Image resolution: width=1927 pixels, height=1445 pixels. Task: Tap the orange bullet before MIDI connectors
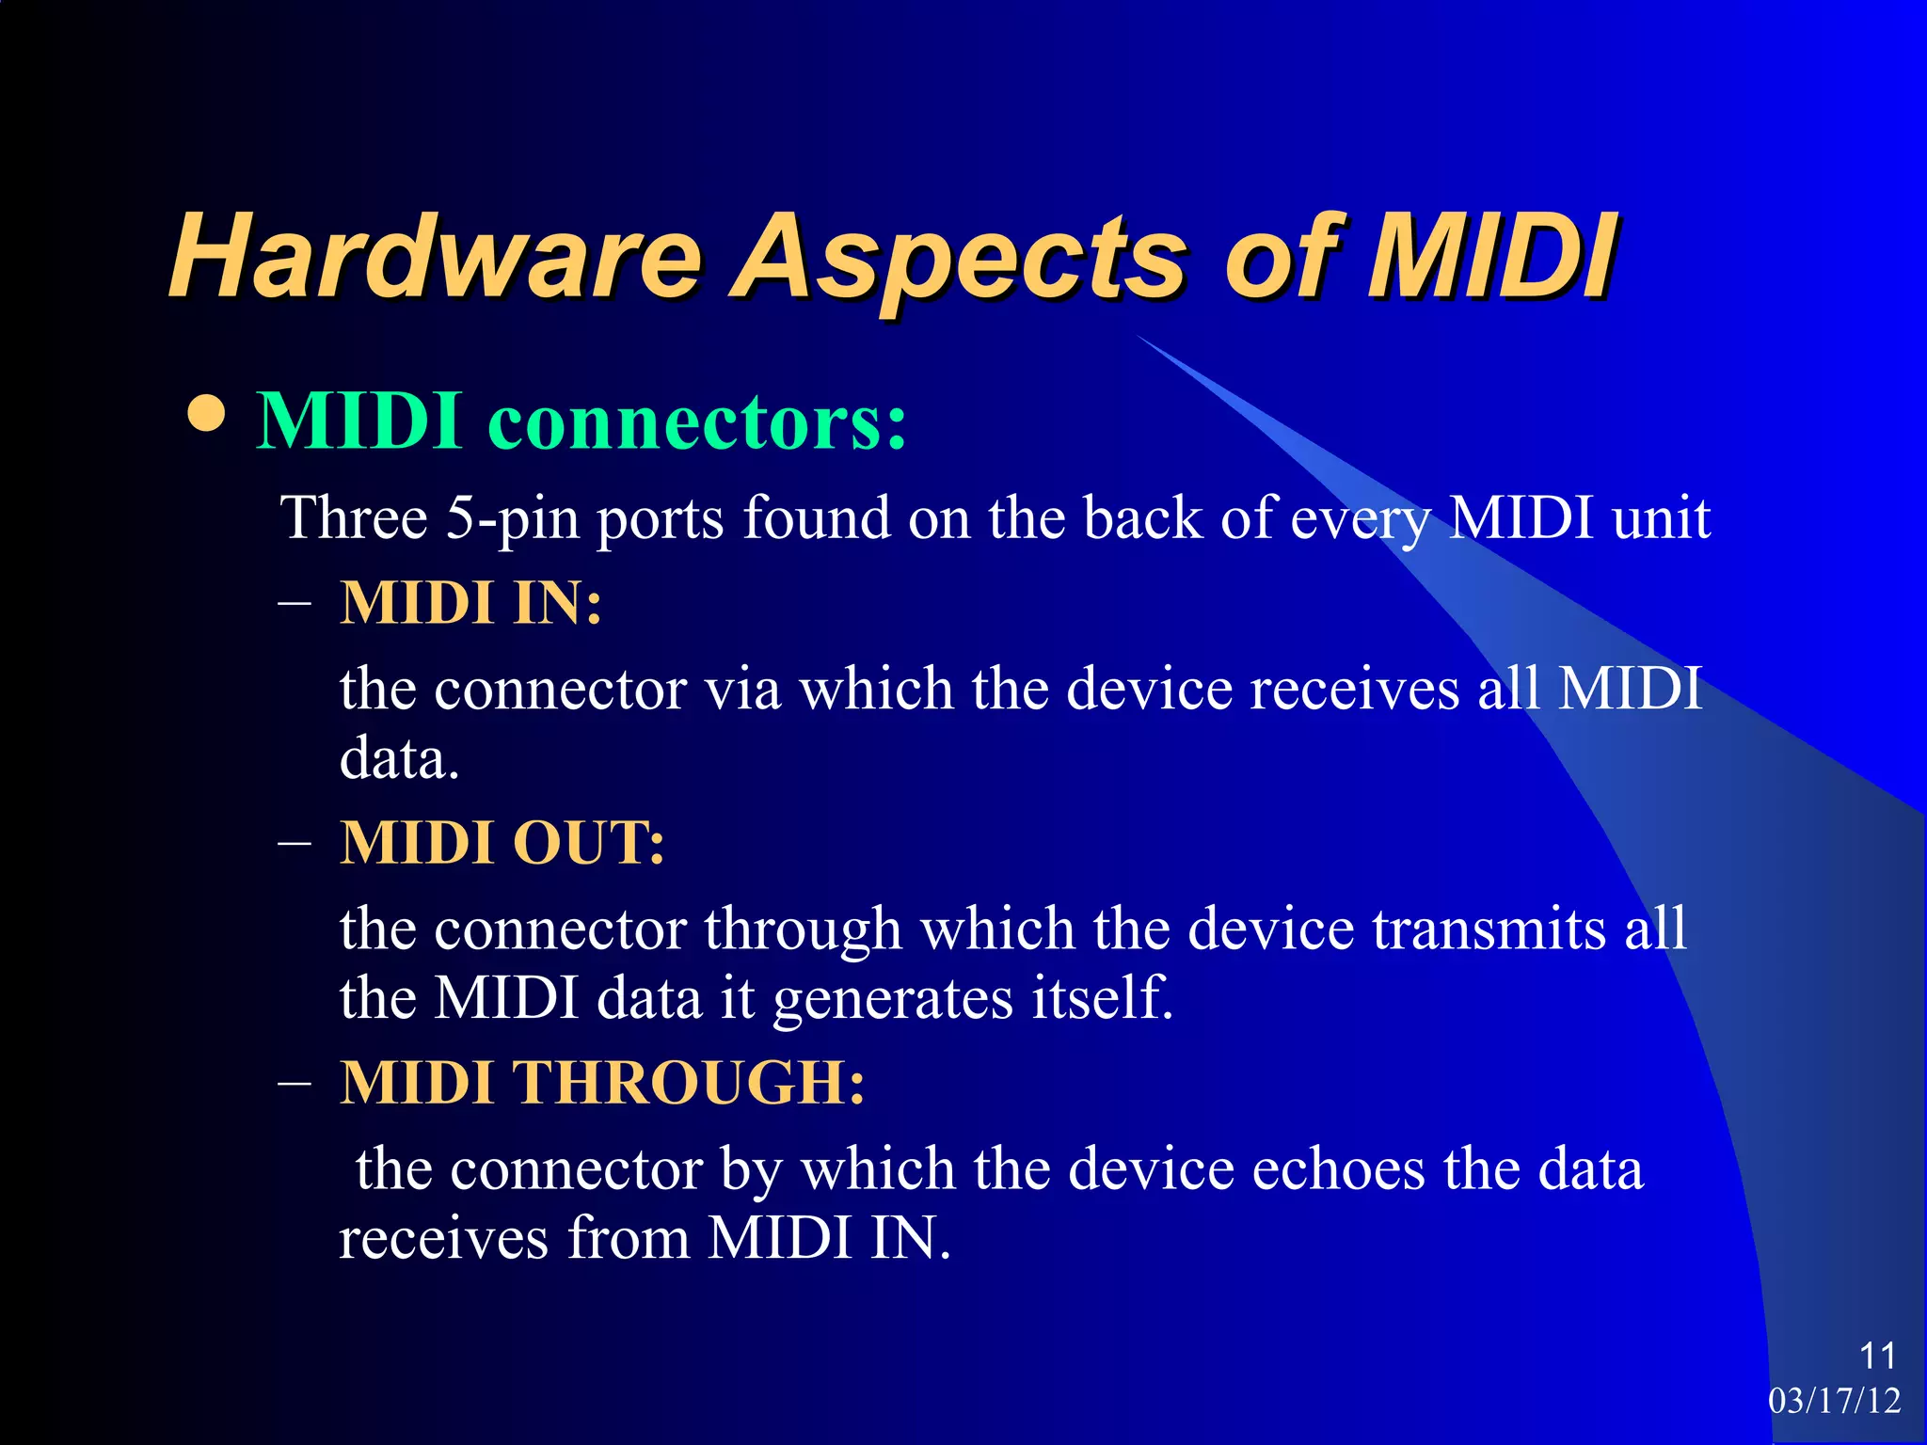coord(206,415)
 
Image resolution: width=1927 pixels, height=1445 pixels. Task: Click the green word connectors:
coord(697,421)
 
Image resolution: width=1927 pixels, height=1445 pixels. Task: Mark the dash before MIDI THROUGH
coord(295,1083)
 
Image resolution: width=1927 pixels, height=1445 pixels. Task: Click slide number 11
coord(1877,1356)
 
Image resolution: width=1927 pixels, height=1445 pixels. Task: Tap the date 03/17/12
coord(1834,1401)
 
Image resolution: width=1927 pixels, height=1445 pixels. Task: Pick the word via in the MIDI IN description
coord(743,689)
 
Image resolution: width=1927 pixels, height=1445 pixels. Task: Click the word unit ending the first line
coord(1661,518)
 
